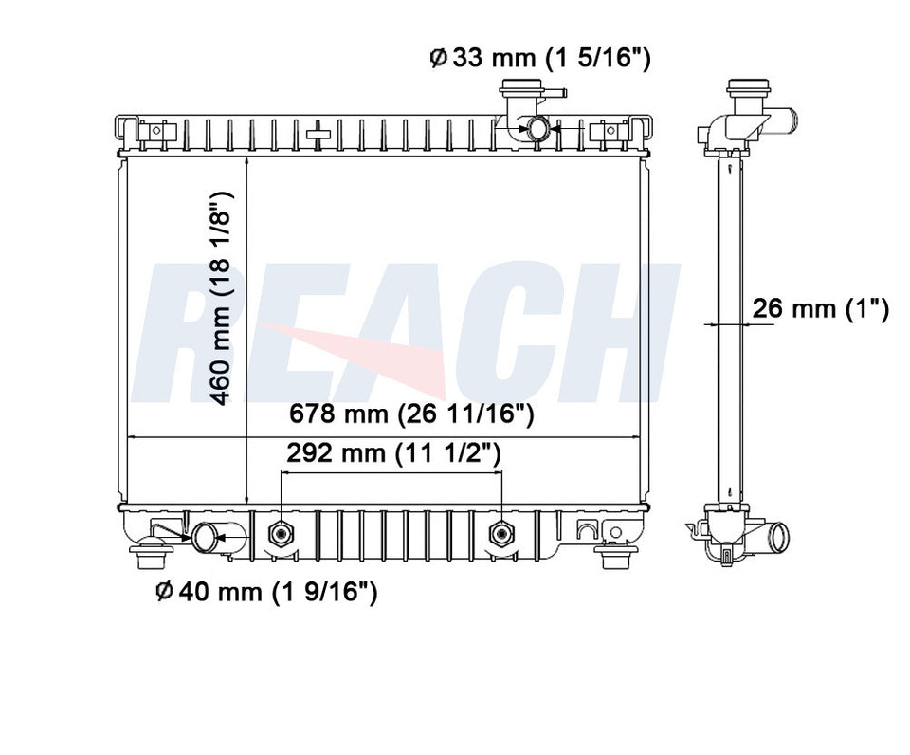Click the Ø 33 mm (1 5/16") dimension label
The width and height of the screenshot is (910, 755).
540,58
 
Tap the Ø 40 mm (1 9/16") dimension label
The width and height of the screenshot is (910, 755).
267,592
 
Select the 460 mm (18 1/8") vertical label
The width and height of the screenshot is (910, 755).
221,299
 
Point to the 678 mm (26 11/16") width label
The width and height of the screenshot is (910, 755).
410,414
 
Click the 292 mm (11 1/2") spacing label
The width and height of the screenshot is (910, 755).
393,453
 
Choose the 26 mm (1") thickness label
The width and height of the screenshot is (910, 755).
821,308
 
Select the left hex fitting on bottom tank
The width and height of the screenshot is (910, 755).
281,533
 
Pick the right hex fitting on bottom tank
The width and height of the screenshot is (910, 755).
501,533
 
